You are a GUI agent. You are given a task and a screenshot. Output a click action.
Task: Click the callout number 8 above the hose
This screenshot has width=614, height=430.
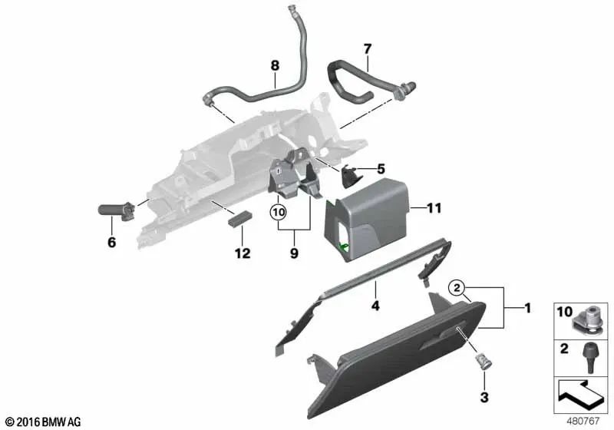pos(275,66)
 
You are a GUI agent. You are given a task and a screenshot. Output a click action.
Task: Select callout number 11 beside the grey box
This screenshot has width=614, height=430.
pos(434,207)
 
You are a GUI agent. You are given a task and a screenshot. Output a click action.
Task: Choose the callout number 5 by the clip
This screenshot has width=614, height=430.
pos(380,168)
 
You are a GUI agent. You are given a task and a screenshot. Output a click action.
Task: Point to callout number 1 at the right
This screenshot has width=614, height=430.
pos(527,309)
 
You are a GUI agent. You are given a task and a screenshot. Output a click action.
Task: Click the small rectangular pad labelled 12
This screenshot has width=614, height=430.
pos(241,218)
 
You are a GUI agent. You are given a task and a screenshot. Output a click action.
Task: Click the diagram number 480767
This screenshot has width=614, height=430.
pos(586,421)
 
